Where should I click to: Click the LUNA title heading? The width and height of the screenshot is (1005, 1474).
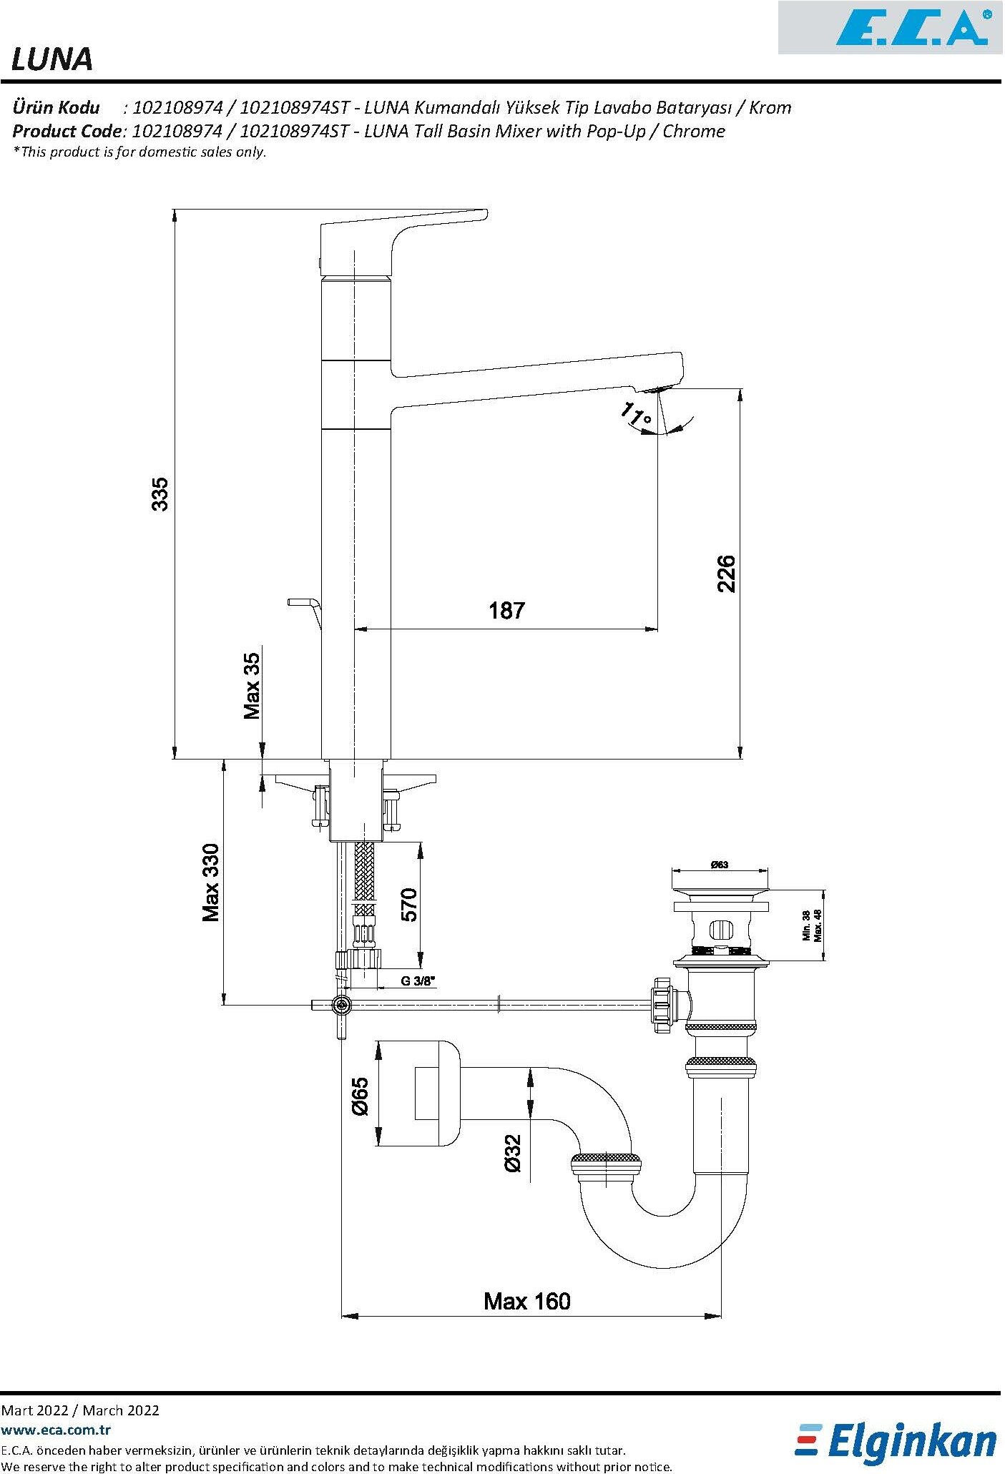[52, 60]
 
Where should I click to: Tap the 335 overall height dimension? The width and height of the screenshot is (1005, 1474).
[160, 493]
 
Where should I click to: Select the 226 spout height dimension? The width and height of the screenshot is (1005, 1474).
[725, 573]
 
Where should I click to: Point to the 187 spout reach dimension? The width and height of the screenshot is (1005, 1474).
[506, 611]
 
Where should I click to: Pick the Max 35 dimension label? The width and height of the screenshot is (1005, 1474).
[252, 685]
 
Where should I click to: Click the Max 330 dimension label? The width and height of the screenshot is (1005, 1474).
[211, 883]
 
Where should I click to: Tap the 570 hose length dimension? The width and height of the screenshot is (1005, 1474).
[408, 905]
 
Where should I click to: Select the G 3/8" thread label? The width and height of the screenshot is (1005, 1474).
[418, 981]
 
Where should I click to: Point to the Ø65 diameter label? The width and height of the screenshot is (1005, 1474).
[360, 1096]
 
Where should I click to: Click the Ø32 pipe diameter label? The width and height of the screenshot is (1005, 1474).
[513, 1153]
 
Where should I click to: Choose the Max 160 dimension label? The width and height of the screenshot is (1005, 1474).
[527, 1300]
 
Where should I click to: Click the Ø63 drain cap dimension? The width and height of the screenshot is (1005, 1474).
[719, 865]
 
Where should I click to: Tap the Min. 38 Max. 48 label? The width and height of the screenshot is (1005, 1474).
[812, 925]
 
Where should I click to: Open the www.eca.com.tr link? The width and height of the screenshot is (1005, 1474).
[56, 1430]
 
